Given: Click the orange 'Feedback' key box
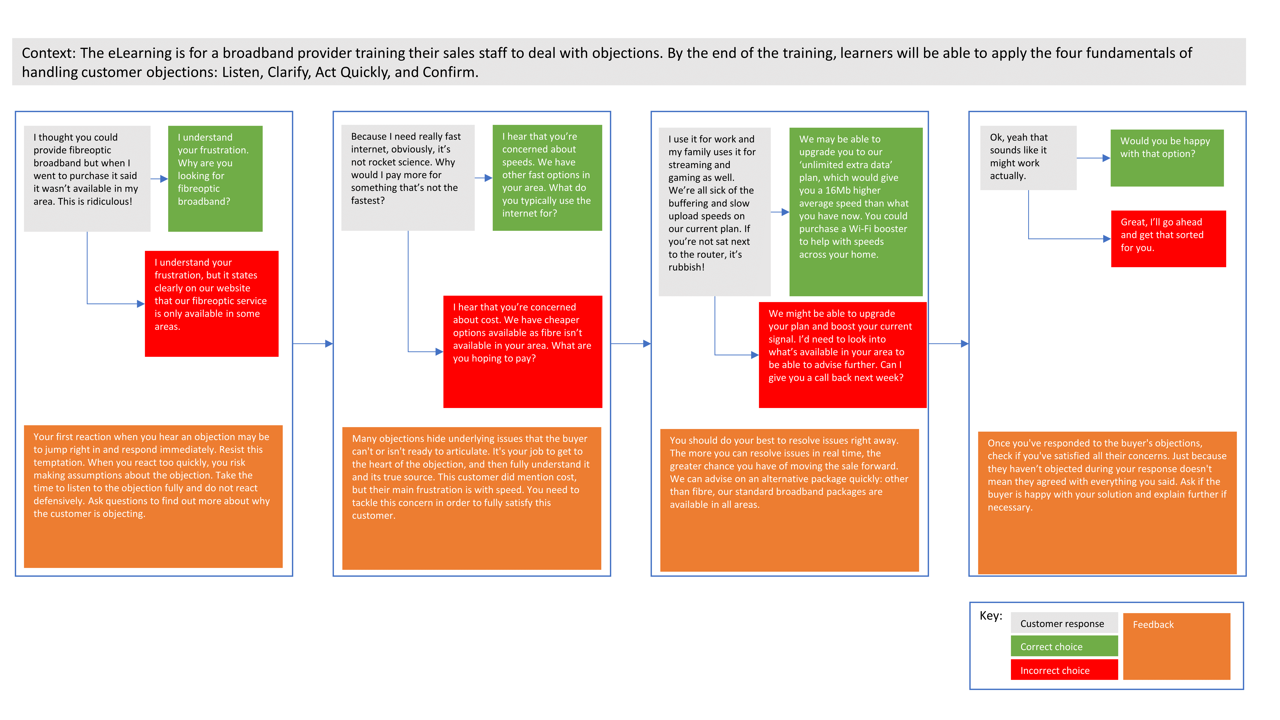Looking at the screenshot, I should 1176,646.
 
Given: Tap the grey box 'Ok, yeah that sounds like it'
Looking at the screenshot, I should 1028,157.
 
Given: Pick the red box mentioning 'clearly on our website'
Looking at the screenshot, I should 211,303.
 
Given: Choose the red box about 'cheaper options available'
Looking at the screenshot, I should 522,351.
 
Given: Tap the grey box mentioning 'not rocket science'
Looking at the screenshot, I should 407,177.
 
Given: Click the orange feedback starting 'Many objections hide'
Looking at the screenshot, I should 471,498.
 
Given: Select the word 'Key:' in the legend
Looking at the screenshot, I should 990,616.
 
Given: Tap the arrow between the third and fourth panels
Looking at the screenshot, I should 948,343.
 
